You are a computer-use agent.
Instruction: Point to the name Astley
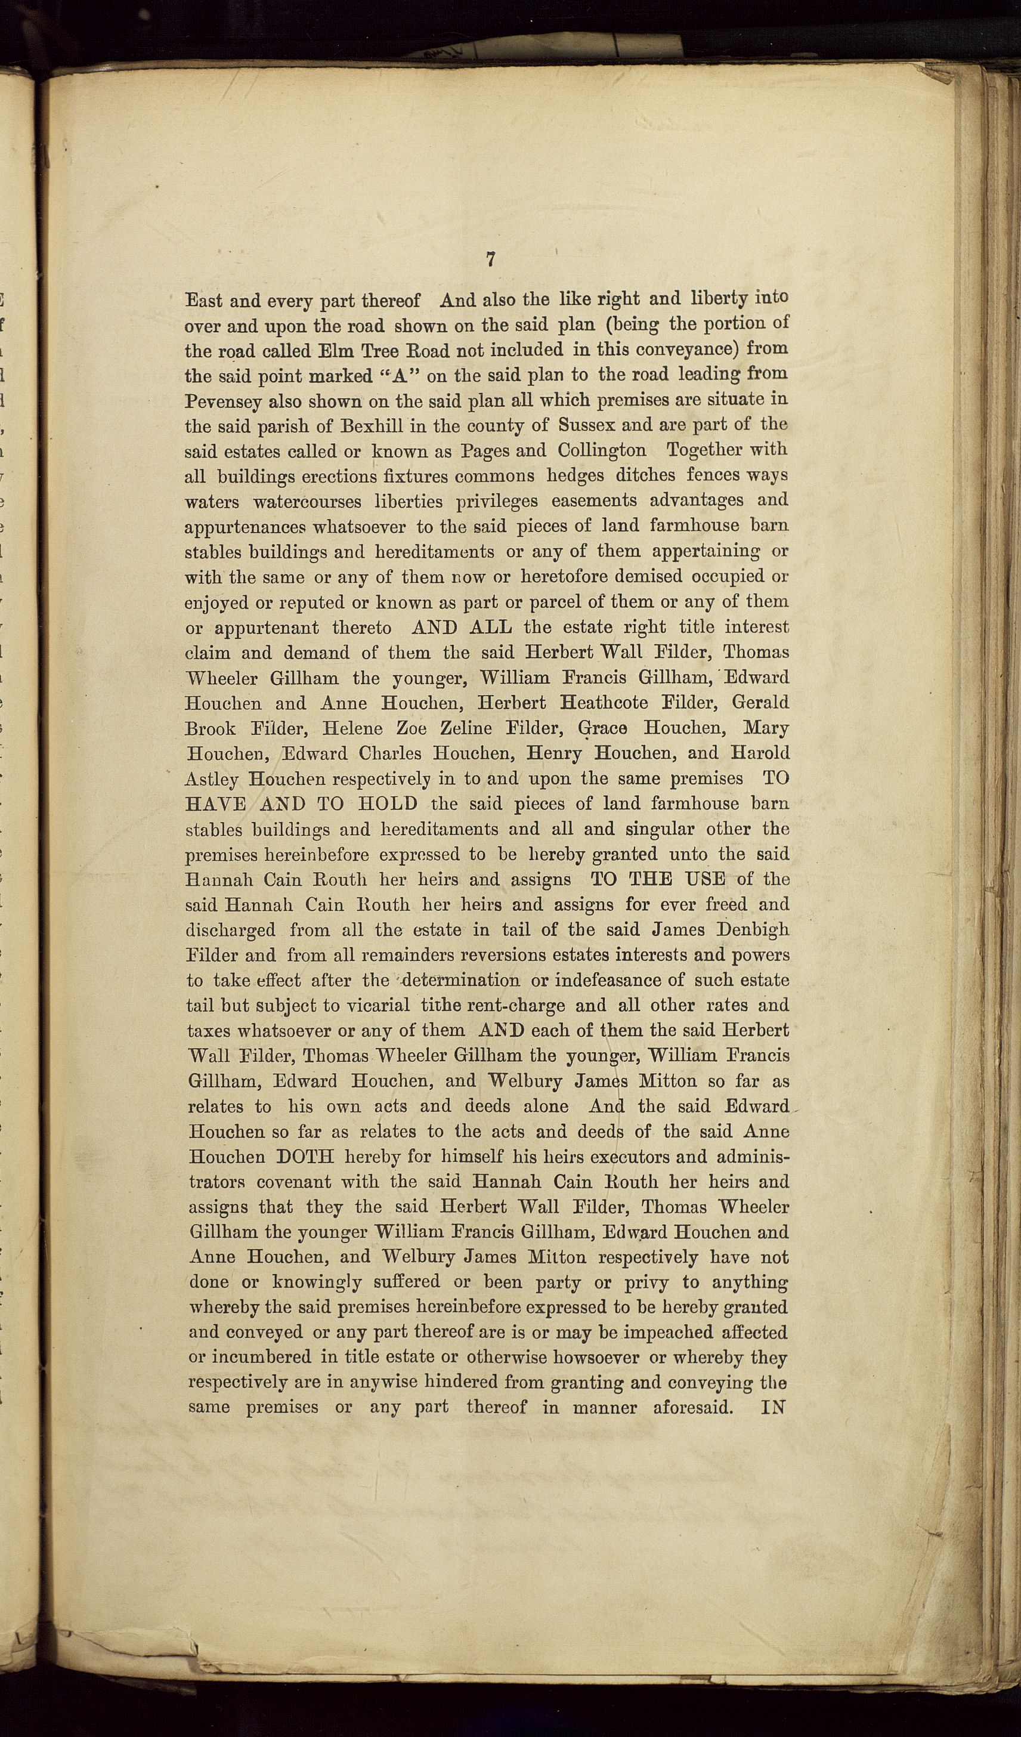point(212,780)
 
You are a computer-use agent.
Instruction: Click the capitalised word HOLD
point(388,803)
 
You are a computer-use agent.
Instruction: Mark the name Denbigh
point(752,930)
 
